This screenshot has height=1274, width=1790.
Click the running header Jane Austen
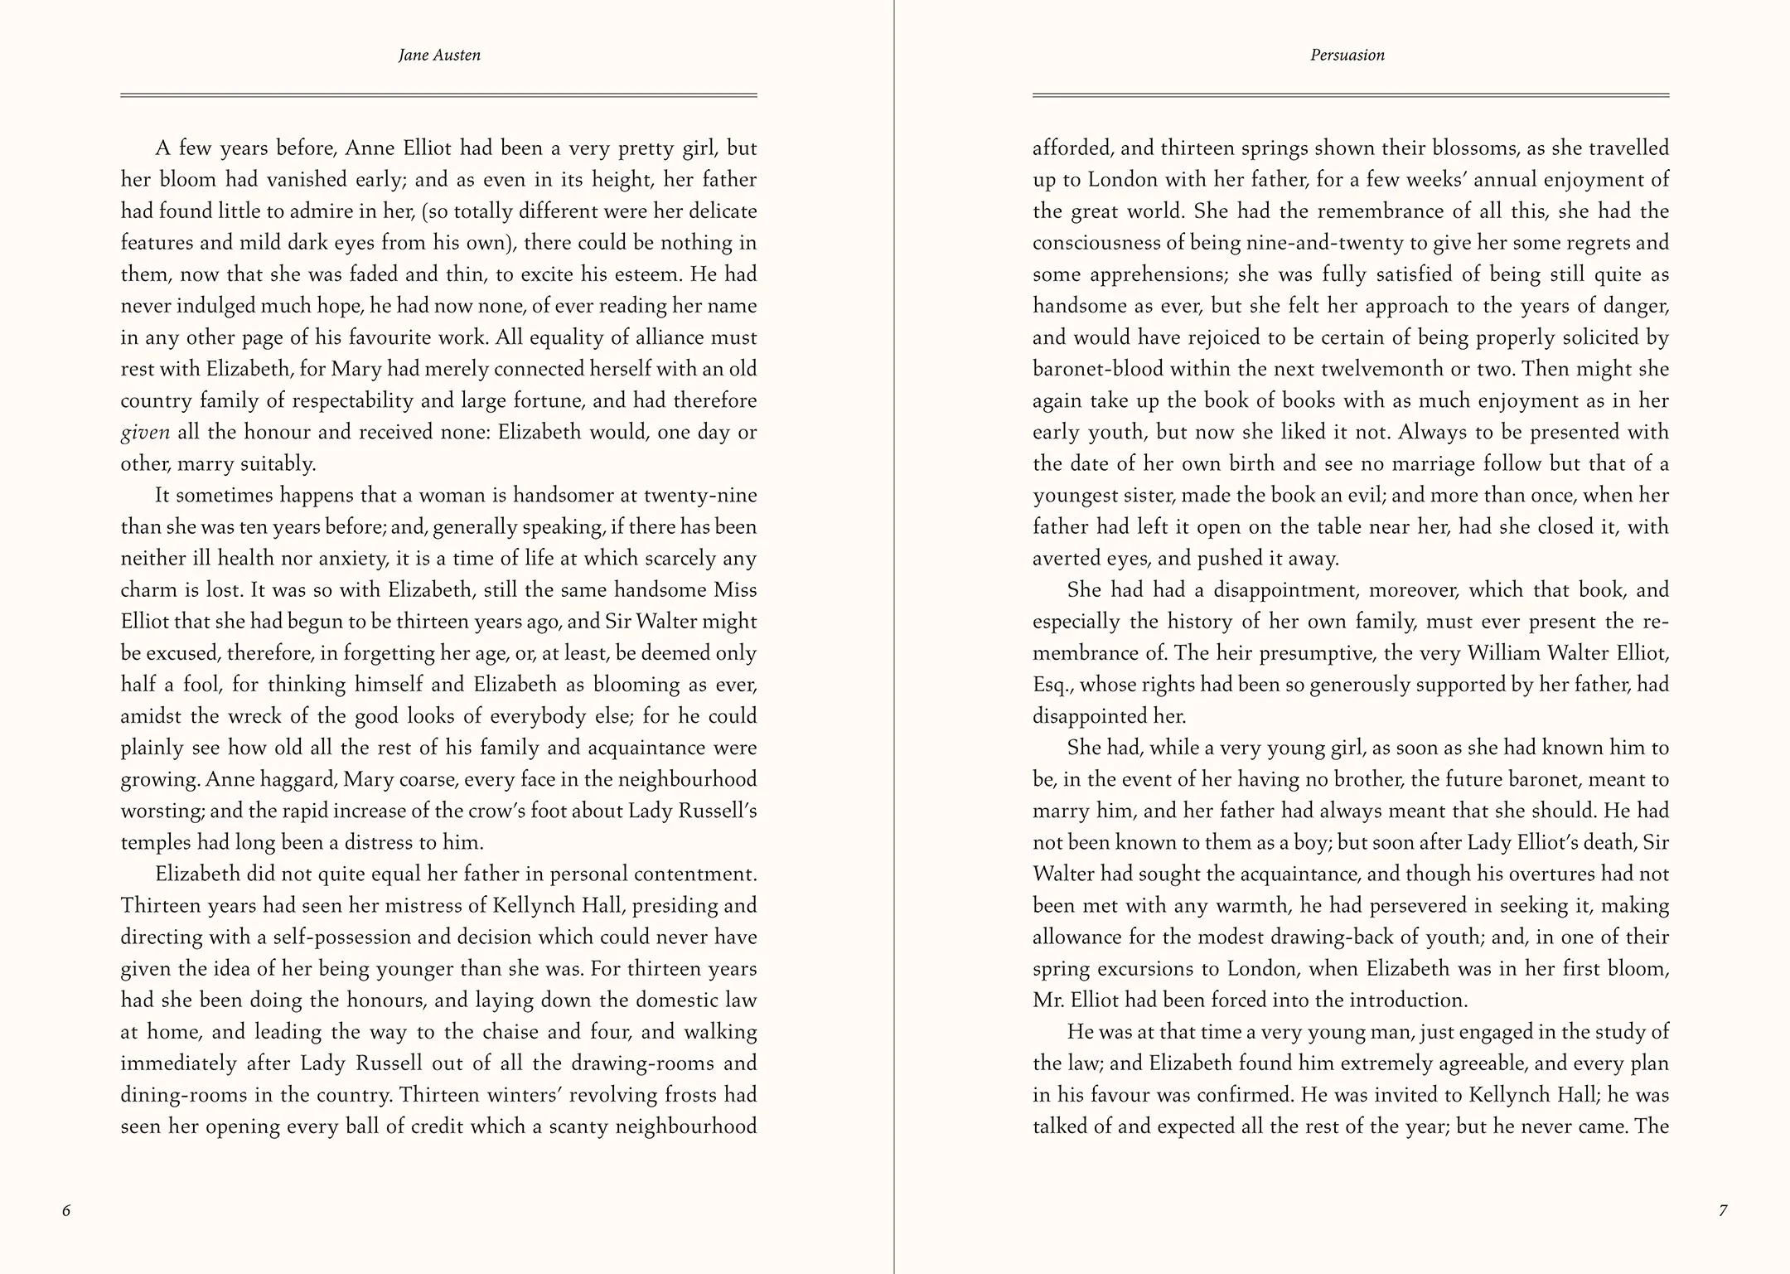coord(439,56)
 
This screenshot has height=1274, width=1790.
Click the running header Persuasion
coord(1347,56)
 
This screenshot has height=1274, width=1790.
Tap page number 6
coord(66,1210)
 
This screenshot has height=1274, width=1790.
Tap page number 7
coord(1723,1210)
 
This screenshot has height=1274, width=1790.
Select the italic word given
coord(145,433)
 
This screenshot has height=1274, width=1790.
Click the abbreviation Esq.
coord(1051,685)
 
